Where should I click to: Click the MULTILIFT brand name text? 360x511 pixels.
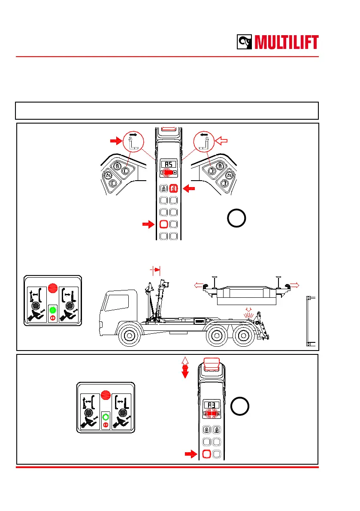[287, 42]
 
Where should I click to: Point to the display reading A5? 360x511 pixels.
[168, 164]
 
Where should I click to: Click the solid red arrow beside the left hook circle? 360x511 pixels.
[116, 139]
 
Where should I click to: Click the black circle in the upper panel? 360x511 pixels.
[236, 218]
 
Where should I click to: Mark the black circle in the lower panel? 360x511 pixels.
[239, 406]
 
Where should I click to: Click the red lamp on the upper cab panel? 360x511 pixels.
[53, 287]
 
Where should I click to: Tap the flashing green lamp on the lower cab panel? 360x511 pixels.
[106, 416]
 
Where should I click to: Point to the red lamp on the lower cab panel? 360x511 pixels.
[106, 394]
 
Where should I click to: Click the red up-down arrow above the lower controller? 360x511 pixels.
[185, 368]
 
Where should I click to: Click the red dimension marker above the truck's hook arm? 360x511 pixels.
[155, 270]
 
